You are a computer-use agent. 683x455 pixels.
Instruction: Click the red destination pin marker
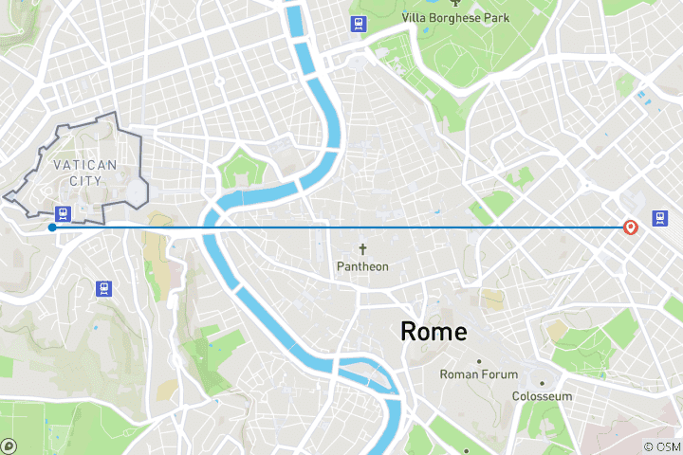tap(630, 227)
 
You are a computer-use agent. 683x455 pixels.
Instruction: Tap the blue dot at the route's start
tap(51, 227)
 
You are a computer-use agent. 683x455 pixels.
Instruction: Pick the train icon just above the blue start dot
tap(64, 213)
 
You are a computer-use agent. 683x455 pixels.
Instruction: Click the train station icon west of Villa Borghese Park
tap(358, 25)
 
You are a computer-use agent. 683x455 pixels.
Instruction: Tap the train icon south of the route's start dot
tap(103, 287)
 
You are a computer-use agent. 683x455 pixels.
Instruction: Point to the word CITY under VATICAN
tap(85, 180)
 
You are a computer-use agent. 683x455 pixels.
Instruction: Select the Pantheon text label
tap(362, 266)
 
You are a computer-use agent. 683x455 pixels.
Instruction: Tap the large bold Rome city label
tap(434, 332)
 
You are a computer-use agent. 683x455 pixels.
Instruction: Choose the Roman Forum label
tap(478, 374)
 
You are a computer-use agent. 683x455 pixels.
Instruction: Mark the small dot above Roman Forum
tap(478, 361)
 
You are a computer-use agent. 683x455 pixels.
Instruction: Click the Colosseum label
tap(542, 396)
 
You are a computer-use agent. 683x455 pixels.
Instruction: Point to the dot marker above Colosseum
tap(543, 383)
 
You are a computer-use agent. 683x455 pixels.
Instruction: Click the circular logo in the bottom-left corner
tap(9, 445)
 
